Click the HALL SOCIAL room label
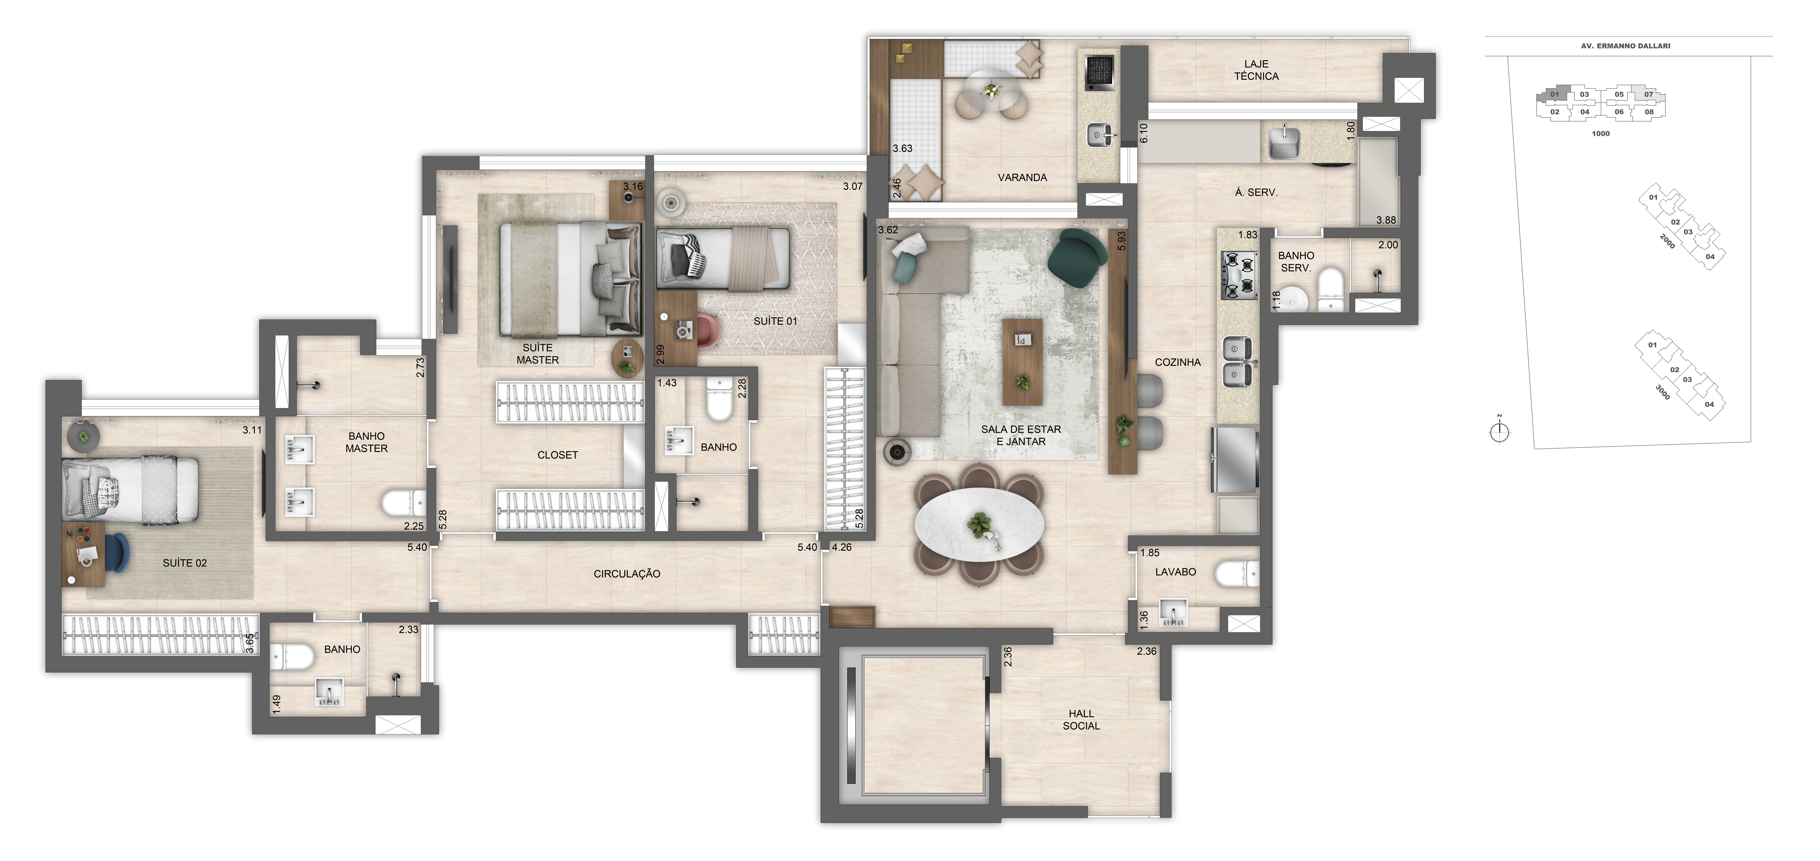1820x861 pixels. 1081,720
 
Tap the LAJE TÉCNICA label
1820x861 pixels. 1256,70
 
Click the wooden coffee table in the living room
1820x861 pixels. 1022,362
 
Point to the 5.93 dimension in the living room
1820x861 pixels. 1121,242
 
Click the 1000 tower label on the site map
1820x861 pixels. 1600,134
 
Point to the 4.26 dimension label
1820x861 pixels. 842,547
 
